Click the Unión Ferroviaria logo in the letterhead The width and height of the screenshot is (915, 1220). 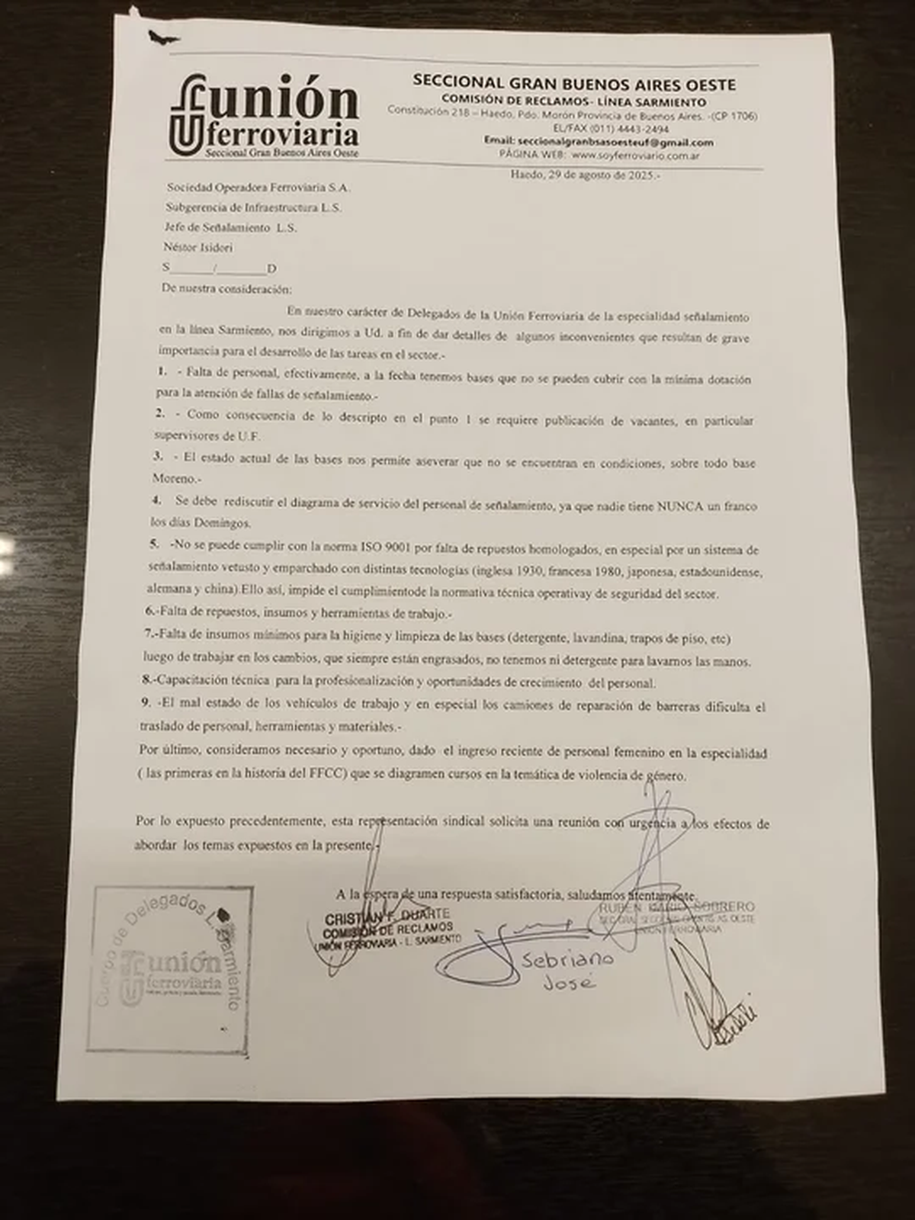[263, 116]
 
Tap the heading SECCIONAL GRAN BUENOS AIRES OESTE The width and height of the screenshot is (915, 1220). [573, 83]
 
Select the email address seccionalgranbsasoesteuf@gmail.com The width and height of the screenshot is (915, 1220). [615, 143]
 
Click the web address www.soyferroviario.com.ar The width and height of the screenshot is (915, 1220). [635, 155]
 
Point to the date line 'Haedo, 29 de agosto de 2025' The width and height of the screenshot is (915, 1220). [586, 174]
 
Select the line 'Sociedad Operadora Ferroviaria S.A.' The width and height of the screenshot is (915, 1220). [257, 187]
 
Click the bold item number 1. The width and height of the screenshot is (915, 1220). [162, 371]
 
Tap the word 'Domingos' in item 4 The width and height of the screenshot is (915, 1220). [225, 524]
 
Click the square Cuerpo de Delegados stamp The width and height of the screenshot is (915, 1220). [170, 968]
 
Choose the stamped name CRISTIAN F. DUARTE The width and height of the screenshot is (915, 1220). [387, 913]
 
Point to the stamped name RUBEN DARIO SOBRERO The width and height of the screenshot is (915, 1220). [677, 907]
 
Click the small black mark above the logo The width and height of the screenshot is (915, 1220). [164, 38]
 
